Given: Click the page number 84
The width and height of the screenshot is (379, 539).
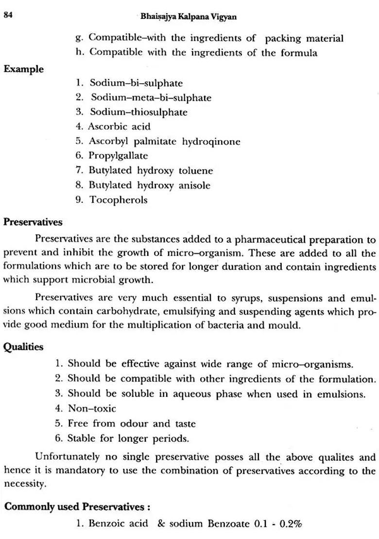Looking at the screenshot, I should pos(8,15).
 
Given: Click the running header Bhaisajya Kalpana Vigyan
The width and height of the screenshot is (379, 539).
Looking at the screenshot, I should pos(189,17).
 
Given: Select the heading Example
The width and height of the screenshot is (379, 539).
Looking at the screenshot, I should pos(23,69).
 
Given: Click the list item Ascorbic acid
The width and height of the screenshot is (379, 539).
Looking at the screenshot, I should pos(119,126).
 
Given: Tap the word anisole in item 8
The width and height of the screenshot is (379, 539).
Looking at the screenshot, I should pos(194,185).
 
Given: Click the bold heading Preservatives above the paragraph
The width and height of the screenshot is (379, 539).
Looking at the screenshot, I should pos(33,222).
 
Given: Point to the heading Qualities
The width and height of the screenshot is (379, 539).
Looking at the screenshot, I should pos(23,347).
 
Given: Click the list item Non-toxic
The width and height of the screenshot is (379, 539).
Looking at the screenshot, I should pos(92,409).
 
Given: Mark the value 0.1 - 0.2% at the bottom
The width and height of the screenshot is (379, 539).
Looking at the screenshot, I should pos(278,524).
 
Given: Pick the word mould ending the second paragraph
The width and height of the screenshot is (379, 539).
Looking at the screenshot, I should pos(285,325).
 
